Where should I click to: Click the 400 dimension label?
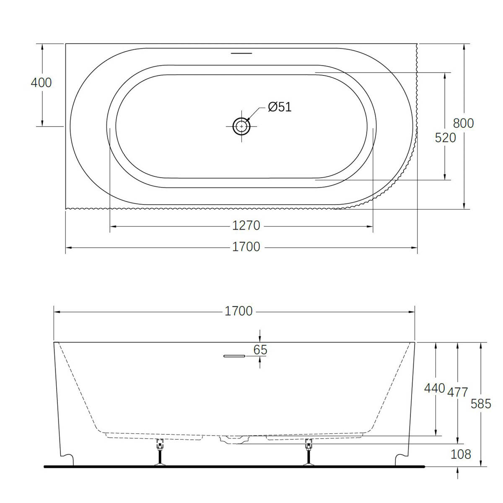[41, 83]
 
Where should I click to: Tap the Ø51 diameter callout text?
[280, 107]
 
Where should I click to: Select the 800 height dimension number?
[463, 123]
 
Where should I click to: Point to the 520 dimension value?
[445, 137]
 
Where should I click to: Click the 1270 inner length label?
[246, 226]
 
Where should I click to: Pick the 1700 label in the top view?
[246, 247]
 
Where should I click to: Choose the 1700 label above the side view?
[239, 311]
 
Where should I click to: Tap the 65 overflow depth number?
[260, 350]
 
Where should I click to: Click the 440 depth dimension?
[434, 388]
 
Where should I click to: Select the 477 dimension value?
[458, 392]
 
